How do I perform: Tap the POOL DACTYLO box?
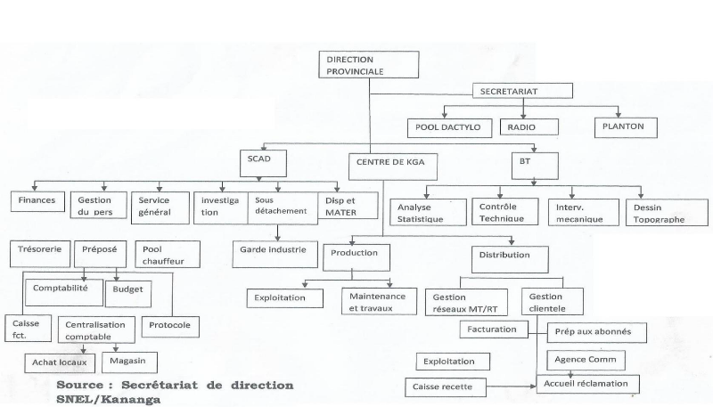tap(449, 127)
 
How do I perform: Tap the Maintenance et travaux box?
tap(377, 302)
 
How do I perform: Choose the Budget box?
tap(129, 291)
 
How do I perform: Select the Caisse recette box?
tap(447, 387)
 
